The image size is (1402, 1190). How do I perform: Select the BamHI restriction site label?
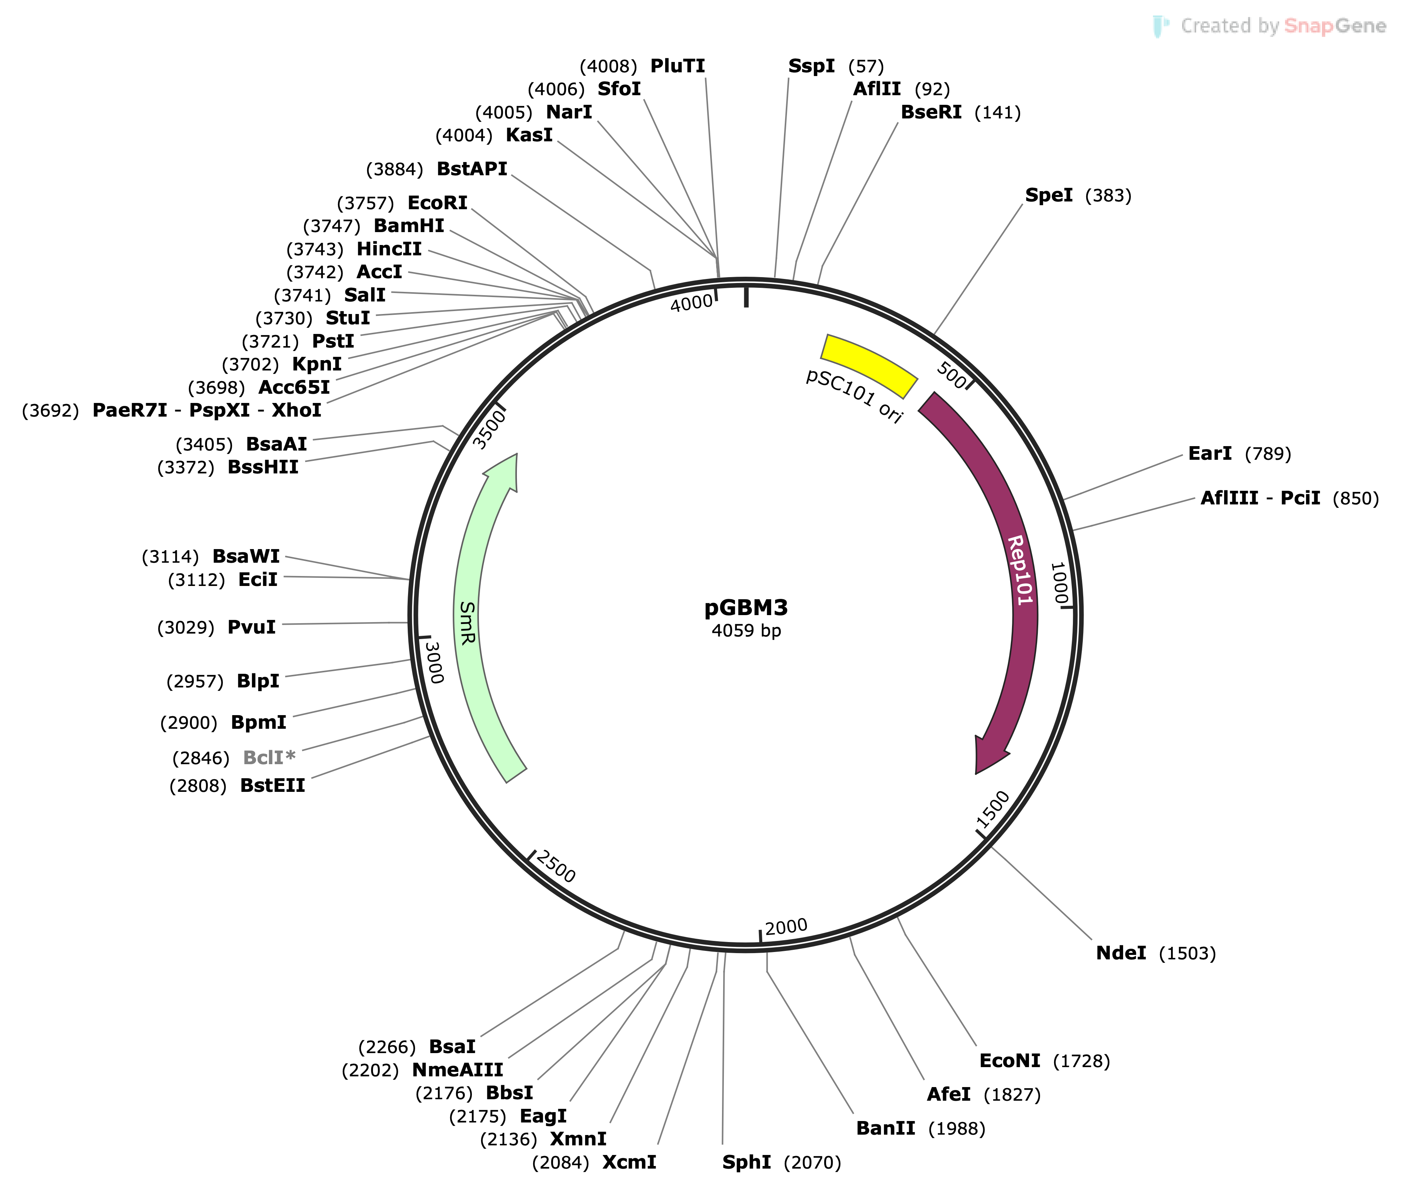(x=409, y=226)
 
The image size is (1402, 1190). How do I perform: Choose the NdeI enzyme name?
(x=1121, y=953)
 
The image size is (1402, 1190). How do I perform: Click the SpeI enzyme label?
(x=1049, y=196)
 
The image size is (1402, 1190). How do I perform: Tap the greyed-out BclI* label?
(x=268, y=758)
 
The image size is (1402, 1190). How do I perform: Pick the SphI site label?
(x=746, y=1162)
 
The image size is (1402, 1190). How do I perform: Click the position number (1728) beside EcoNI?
(x=1081, y=1061)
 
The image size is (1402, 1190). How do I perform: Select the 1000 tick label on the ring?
(x=1059, y=583)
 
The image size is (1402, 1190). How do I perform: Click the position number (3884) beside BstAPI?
(x=394, y=169)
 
